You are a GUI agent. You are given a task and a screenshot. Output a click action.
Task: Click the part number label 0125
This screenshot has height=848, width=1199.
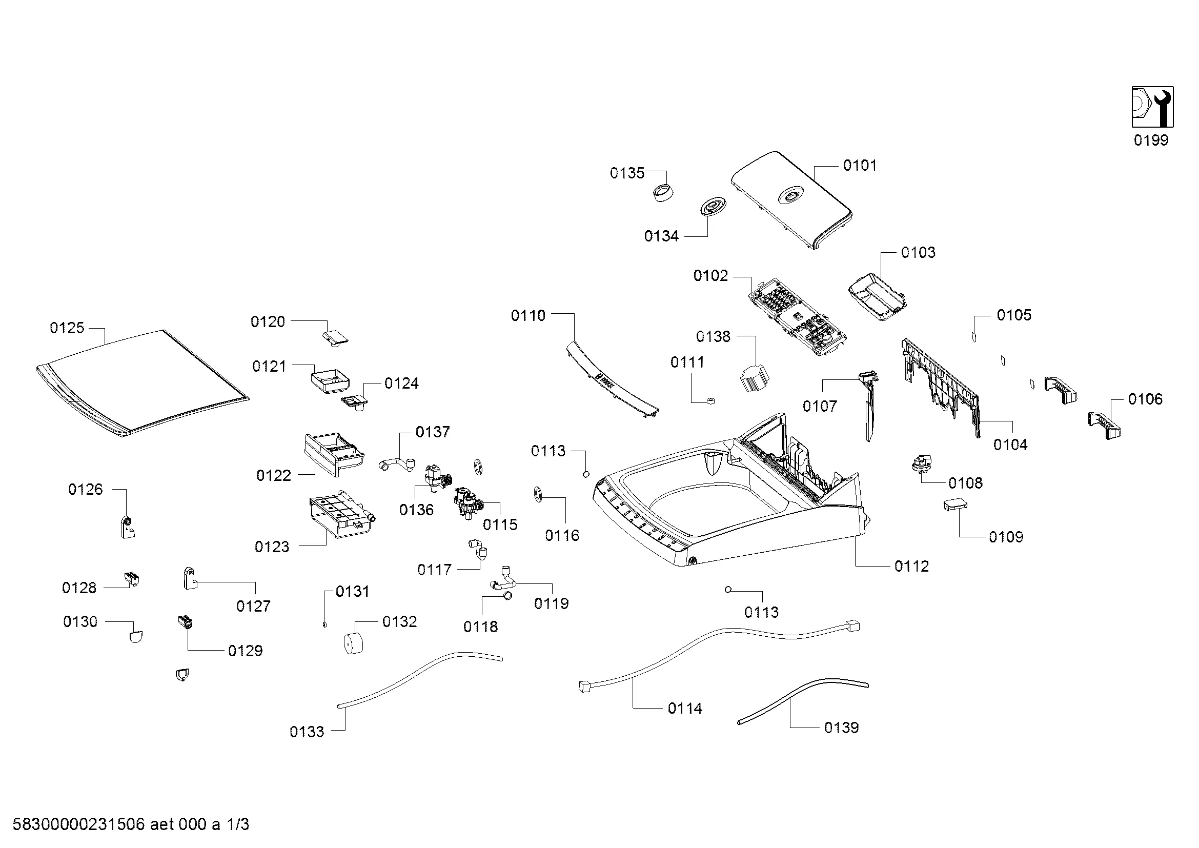click(x=67, y=328)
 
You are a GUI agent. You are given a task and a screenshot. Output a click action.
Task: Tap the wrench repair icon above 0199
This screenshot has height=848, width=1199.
click(x=1152, y=107)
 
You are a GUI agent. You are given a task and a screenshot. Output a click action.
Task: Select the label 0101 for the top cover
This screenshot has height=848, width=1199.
click(x=860, y=166)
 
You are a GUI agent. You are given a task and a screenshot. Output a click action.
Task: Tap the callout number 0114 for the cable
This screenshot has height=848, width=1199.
click(x=685, y=709)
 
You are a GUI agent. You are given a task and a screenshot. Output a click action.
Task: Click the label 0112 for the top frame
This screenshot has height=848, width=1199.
click(x=911, y=567)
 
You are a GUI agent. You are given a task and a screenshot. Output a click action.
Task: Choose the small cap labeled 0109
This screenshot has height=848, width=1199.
click(x=955, y=505)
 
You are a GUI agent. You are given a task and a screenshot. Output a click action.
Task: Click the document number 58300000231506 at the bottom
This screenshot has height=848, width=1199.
click(x=78, y=824)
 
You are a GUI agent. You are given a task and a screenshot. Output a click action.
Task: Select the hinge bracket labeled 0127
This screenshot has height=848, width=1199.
click(x=190, y=578)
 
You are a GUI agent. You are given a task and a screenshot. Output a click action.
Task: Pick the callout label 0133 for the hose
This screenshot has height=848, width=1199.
click(x=307, y=732)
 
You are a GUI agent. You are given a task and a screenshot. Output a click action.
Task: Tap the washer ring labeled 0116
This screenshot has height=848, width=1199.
click(x=538, y=494)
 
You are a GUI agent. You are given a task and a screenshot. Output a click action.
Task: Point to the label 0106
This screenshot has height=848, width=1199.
click(x=1145, y=399)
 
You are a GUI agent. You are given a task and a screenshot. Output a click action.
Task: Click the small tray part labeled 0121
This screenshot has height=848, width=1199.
click(x=331, y=381)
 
